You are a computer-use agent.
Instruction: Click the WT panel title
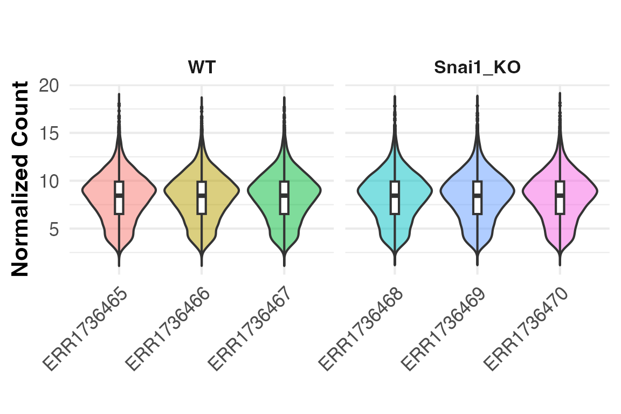[202, 68]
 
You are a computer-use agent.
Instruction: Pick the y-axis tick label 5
[54, 229]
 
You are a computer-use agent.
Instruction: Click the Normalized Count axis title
[20, 179]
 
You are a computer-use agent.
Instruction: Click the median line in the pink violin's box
[560, 195]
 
